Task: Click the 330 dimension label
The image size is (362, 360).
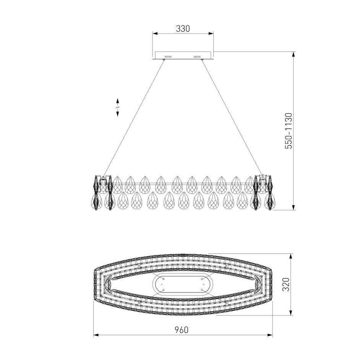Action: click(183, 29)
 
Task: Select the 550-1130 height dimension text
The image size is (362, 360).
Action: click(289, 131)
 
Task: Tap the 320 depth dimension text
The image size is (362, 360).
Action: click(286, 284)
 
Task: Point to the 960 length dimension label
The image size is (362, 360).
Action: click(182, 330)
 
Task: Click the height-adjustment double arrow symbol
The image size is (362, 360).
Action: click(117, 107)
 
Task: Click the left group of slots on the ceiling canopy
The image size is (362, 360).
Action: click(168, 57)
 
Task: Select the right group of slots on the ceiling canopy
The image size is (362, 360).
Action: click(197, 57)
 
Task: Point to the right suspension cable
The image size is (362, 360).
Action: click(232, 118)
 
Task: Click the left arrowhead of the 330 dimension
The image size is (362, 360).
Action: click(155, 34)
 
